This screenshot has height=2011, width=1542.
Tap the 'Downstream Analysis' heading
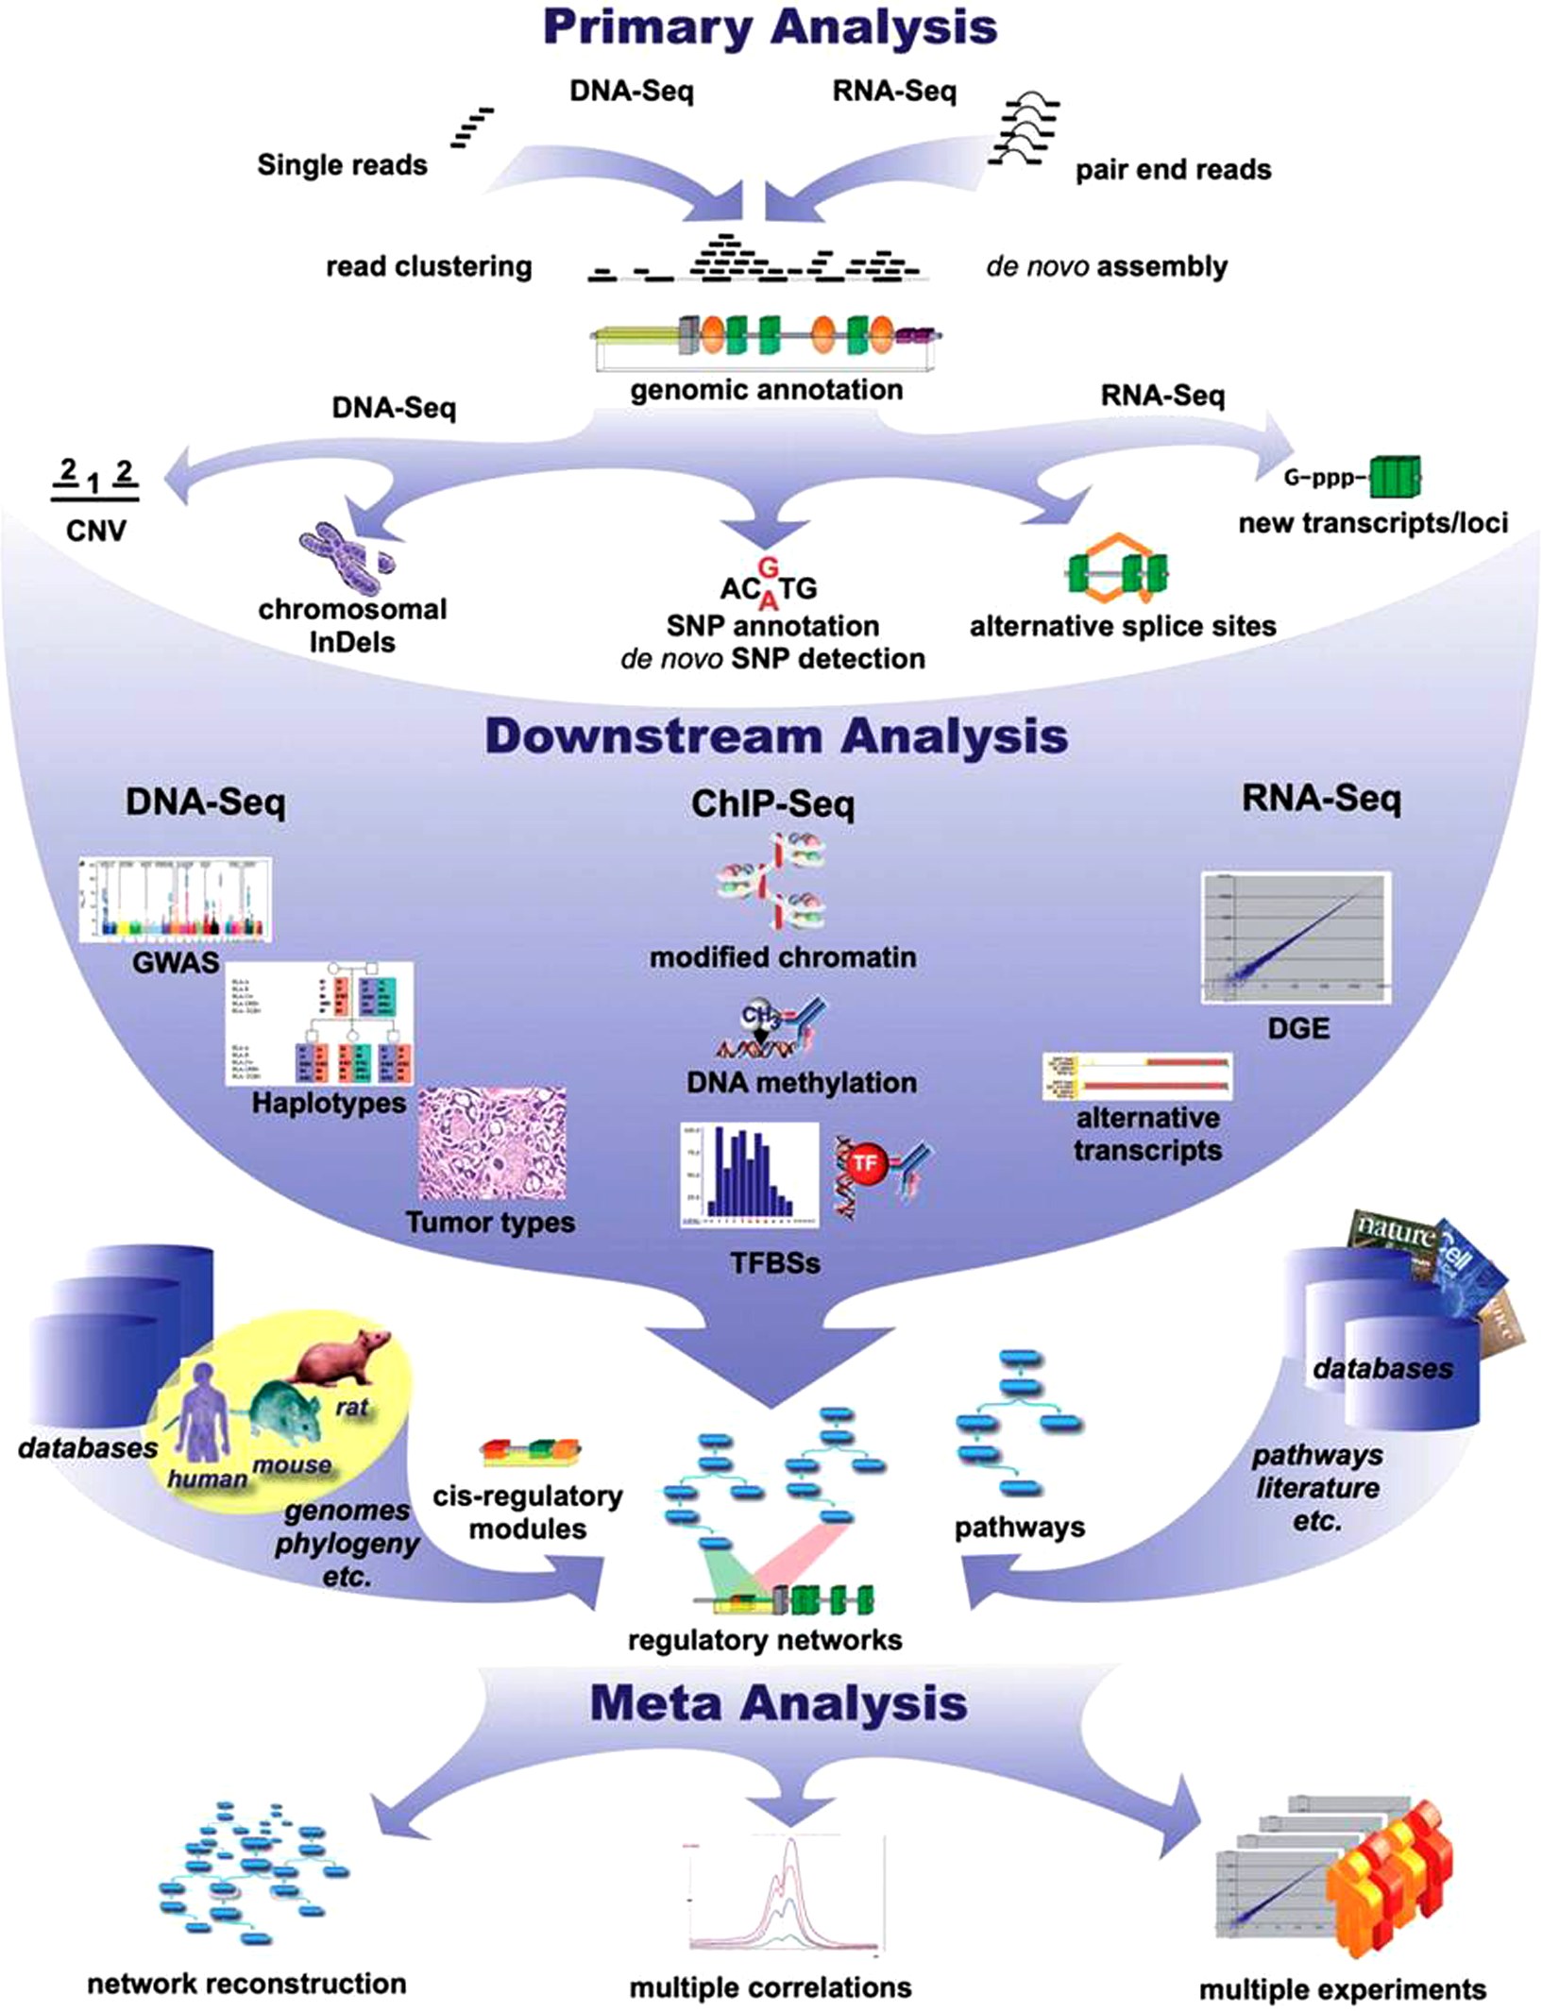click(776, 736)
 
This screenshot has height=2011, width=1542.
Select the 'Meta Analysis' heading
click(778, 1704)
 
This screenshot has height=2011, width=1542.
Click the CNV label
click(95, 531)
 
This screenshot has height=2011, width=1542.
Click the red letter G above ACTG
click(769, 567)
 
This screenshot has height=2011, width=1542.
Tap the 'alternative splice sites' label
click(1122, 626)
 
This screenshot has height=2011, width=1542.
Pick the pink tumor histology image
click(492, 1143)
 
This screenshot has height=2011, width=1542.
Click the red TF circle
click(865, 1164)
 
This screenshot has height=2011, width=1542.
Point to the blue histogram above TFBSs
click(750, 1174)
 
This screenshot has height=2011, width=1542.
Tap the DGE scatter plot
click(1296, 938)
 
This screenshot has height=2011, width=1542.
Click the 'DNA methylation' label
click(801, 1082)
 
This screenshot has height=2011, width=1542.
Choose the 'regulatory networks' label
click(764, 1640)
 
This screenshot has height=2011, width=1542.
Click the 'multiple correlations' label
click(771, 1987)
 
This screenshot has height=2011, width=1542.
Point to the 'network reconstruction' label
click(246, 1984)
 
